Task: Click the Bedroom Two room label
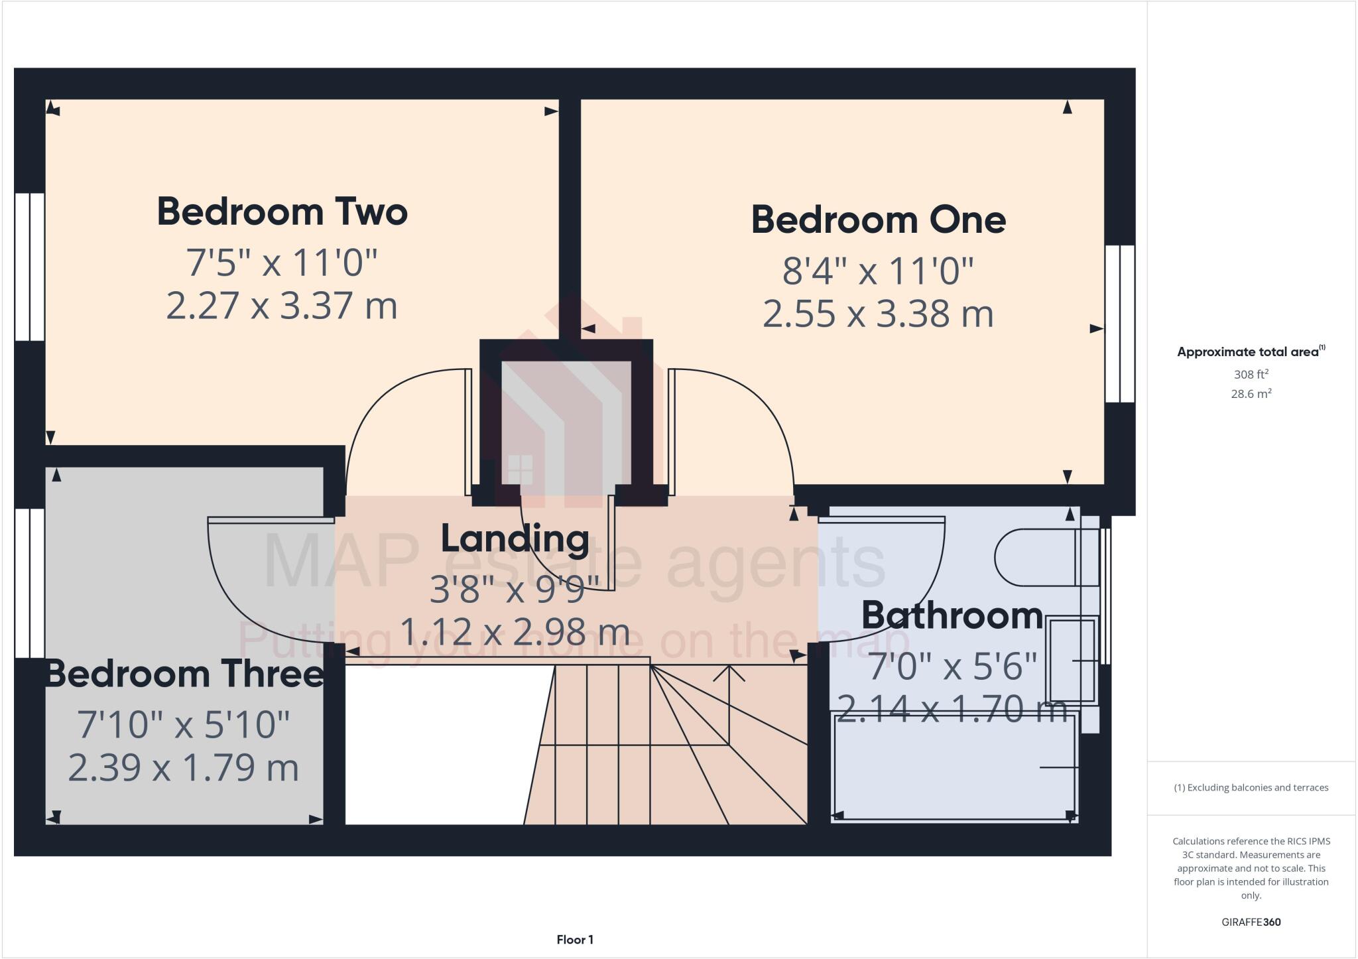point(282,212)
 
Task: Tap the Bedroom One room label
point(878,220)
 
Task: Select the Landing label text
point(515,539)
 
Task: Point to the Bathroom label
point(952,616)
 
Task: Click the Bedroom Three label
point(184,674)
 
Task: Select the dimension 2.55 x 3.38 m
point(878,314)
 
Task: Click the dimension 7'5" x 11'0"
point(282,263)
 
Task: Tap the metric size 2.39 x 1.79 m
point(184,768)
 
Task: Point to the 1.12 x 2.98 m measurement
point(515,632)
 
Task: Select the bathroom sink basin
point(1072,660)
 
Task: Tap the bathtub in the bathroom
point(955,768)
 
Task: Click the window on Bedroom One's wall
point(1120,324)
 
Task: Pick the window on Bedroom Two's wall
point(30,267)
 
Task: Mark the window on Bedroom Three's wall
point(30,583)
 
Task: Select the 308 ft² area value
point(1251,374)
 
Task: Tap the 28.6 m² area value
point(1251,394)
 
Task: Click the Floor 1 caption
point(575,940)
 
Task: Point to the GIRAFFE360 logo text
point(1251,922)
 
